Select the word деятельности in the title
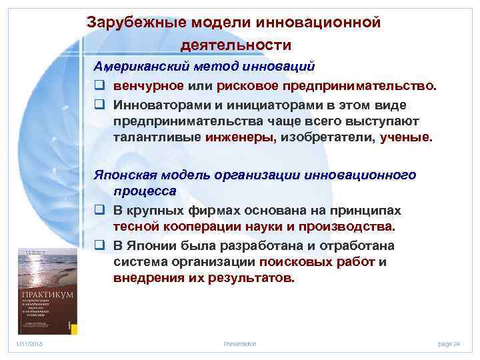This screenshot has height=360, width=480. (236, 45)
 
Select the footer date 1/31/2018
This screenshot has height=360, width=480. (29, 344)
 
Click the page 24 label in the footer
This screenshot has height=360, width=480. (449, 344)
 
